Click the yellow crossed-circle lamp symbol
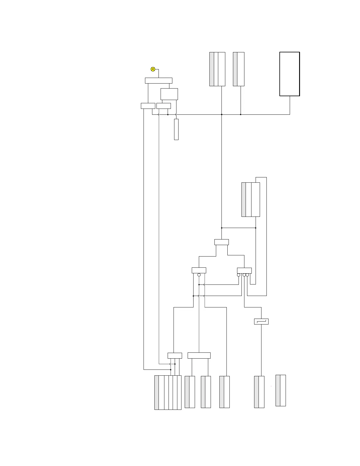153,69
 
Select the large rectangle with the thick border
289,74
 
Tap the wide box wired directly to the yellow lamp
159,81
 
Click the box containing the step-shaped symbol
261,322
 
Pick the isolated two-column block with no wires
281,390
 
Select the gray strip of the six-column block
156,392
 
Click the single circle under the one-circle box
199,275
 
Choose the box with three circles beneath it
244,271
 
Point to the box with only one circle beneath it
199,270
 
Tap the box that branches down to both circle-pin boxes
221,242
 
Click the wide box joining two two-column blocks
199,355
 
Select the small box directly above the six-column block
175,355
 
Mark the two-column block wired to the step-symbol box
259,392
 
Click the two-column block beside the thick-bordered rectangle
239,69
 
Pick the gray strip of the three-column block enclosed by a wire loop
244,199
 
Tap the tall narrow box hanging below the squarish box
176,129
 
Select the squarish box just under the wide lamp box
169,94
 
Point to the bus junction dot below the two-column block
241,114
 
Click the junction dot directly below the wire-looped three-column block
256,228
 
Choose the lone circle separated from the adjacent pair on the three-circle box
239,275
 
